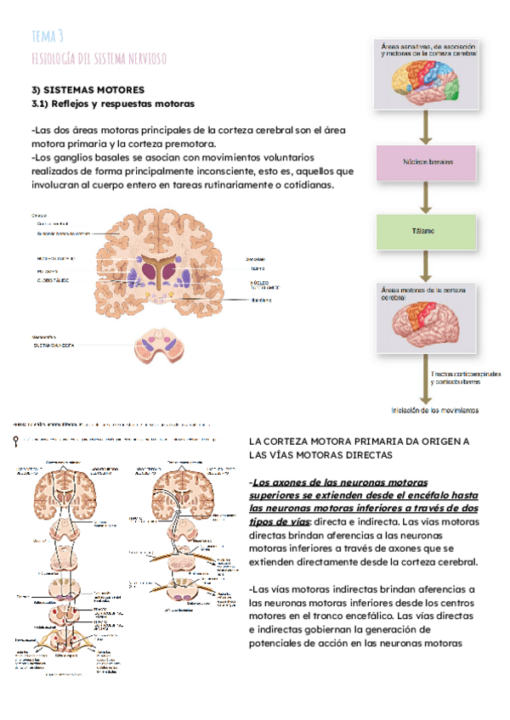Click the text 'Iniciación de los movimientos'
[434, 410]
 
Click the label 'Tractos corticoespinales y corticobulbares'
[466, 379]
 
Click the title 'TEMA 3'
[47, 36]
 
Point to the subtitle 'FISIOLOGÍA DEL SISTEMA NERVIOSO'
[98, 58]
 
